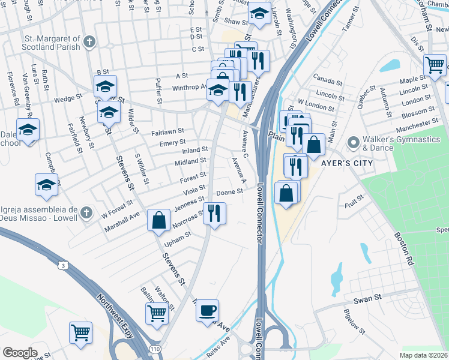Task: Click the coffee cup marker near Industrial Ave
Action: [208, 311]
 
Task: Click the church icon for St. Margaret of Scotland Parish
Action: [89, 41]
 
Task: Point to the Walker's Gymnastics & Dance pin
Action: [353, 143]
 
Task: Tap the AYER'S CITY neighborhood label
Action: [343, 163]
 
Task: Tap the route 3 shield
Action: [62, 264]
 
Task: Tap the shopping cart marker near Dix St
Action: [434, 64]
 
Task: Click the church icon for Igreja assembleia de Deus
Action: [86, 212]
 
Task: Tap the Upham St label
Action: [178, 235]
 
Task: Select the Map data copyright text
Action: [423, 355]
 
